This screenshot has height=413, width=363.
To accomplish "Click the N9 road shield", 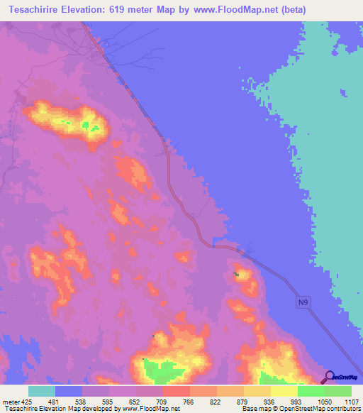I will click(303, 303).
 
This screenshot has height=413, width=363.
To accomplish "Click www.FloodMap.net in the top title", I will click(235, 10).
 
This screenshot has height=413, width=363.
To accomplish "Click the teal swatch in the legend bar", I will click(41, 391).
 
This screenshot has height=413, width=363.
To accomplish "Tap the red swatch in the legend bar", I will click(176, 391).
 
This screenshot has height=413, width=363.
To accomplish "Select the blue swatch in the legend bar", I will click(68, 391).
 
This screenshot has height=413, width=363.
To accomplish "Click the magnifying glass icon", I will click(328, 378).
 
